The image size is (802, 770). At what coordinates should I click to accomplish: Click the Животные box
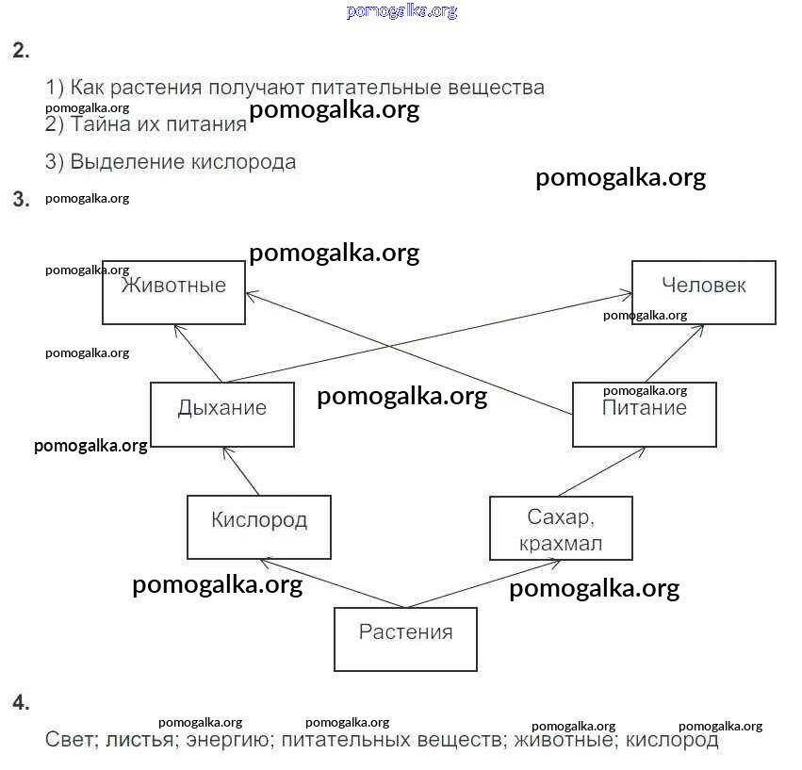click(173, 292)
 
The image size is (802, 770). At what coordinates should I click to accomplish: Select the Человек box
click(703, 292)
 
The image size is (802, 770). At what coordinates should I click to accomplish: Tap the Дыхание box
click(222, 414)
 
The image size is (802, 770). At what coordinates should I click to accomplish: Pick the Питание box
click(645, 414)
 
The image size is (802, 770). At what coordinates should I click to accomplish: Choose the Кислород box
click(259, 526)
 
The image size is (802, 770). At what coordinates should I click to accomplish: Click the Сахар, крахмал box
click(561, 528)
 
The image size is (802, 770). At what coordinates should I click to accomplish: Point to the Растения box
click(405, 638)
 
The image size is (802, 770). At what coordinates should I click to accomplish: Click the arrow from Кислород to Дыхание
click(240, 470)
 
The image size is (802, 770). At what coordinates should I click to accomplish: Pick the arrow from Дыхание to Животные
click(198, 353)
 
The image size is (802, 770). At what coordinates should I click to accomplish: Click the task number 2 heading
click(21, 51)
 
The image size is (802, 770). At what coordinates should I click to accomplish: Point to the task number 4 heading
click(21, 703)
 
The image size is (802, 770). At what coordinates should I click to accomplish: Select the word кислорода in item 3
click(243, 162)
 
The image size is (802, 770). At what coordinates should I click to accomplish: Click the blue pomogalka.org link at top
click(401, 11)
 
